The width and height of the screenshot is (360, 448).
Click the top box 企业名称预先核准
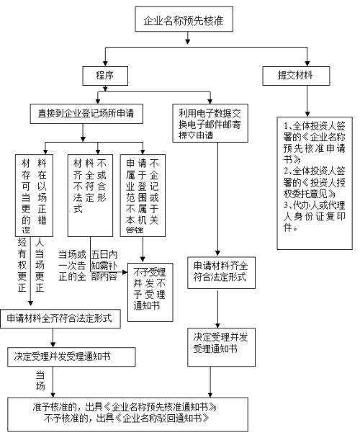coord(179,21)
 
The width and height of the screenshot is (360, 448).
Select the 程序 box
coord(104,75)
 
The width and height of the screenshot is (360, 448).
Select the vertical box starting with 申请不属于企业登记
coord(142,194)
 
